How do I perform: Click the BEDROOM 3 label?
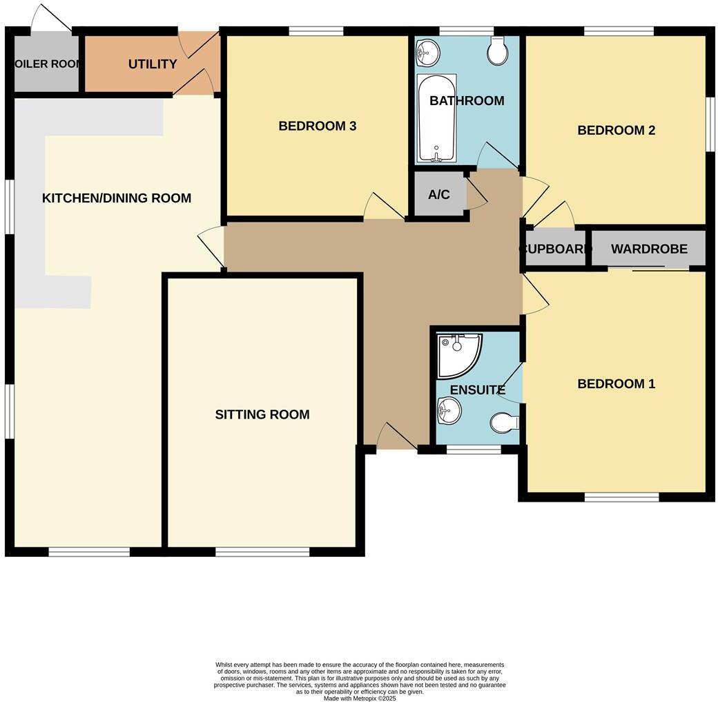click(317, 126)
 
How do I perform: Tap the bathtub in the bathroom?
click(436, 117)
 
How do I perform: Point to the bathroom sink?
click(429, 50)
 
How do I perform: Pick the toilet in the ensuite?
click(505, 421)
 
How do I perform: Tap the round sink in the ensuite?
click(449, 413)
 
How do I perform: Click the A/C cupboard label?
click(439, 195)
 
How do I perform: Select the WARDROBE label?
click(649, 249)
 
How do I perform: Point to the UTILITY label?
click(153, 64)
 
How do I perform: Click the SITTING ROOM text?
click(262, 415)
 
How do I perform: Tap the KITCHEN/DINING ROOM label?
click(117, 198)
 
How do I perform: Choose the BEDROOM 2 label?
click(616, 130)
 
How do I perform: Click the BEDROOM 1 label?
click(616, 383)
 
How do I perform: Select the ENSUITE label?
click(477, 390)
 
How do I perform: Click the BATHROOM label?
click(467, 101)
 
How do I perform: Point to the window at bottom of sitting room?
click(262, 551)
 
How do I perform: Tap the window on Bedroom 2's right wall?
click(709, 123)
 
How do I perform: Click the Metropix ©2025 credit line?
click(360, 698)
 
